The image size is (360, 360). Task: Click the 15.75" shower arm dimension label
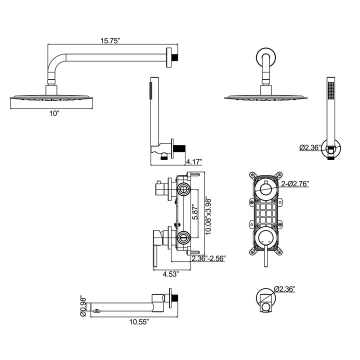coord(110,41)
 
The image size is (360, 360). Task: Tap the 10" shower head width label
coord(54,113)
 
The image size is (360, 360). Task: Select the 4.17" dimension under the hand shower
coord(194,161)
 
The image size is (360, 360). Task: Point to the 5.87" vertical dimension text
coord(195,212)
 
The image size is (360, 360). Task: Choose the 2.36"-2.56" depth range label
coord(208,258)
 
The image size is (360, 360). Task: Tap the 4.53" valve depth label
coord(171,274)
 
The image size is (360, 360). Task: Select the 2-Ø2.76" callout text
coord(295,183)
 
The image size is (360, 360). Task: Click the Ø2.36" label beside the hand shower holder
coord(310,147)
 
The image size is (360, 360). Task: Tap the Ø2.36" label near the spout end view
coord(284,289)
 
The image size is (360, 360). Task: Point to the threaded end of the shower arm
coord(175,57)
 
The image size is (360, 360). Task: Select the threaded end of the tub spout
coord(175,298)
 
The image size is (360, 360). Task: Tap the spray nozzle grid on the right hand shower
coord(331,90)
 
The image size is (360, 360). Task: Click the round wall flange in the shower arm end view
coord(266,57)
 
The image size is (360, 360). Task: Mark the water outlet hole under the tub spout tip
coord(96,311)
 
